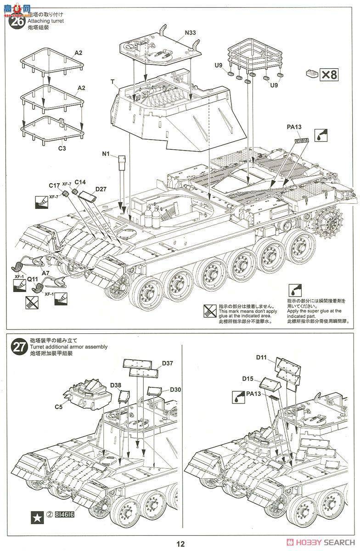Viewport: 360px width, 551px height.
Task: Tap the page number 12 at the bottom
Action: pyautogui.click(x=180, y=543)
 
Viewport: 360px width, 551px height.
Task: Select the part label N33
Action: pyautogui.click(x=190, y=33)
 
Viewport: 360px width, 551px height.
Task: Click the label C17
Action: pyautogui.click(x=55, y=186)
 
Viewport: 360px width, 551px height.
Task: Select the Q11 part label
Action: pyautogui.click(x=32, y=278)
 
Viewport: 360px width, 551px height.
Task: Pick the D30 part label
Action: pyautogui.click(x=175, y=389)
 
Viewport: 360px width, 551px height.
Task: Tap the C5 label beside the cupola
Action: pyautogui.click(x=58, y=406)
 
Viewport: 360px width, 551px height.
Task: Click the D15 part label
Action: pyautogui.click(x=248, y=378)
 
